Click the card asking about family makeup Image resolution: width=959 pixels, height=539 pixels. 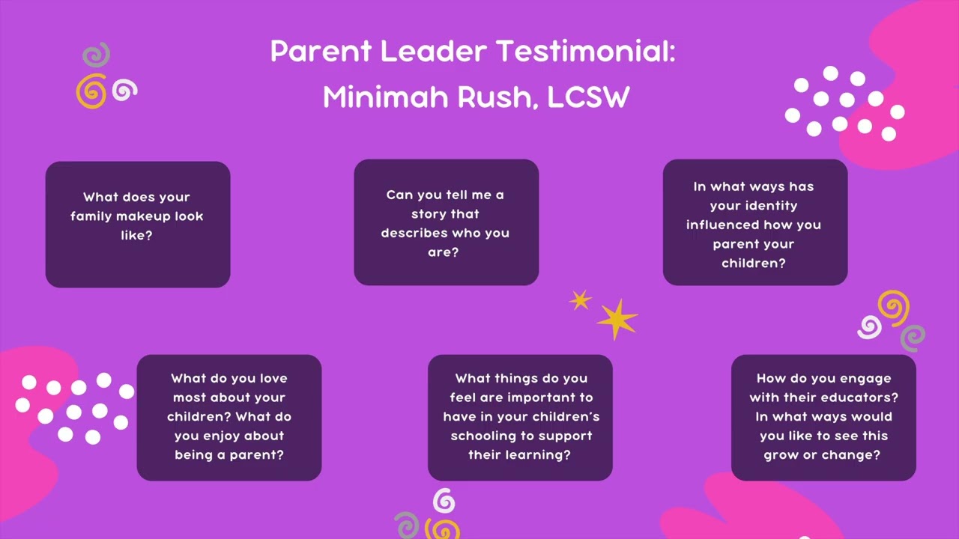138,224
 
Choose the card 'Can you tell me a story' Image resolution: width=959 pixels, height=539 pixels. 446,222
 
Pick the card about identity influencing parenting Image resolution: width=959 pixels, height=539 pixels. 754,222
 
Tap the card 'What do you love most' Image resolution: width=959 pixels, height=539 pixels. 229,417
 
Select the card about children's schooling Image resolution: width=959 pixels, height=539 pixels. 520,417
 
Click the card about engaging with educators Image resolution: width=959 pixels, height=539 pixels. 823,417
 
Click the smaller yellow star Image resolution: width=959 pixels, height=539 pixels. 580,300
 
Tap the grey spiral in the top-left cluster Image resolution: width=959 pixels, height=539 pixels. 97,55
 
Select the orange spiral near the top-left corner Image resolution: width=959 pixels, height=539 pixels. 91,91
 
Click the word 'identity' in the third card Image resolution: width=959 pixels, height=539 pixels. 754,206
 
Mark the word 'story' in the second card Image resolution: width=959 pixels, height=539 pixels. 429,214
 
